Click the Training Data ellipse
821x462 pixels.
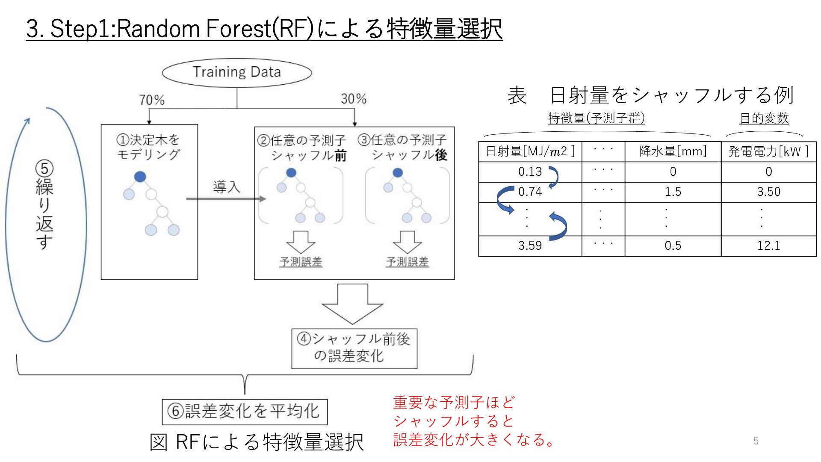click(237, 72)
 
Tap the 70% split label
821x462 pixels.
click(152, 100)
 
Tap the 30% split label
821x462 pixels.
click(354, 99)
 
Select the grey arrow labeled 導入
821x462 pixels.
click(226, 198)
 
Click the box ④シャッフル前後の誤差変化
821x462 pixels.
click(354, 348)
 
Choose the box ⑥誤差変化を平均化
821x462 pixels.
click(245, 412)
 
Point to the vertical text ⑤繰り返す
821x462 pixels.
click(44, 205)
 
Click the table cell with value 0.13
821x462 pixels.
click(530, 172)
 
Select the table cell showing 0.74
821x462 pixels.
click(530, 192)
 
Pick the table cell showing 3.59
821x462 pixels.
click(530, 246)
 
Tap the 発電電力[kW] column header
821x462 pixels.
click(768, 151)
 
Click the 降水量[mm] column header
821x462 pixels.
click(673, 151)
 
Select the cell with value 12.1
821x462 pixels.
click(768, 246)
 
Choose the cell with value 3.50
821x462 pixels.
click(768, 192)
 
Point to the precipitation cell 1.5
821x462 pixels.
click(673, 192)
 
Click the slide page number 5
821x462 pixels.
click(756, 441)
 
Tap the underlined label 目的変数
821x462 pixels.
click(764, 118)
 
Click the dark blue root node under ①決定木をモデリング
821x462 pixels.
click(140, 177)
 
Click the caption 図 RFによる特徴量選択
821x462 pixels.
click(257, 442)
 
